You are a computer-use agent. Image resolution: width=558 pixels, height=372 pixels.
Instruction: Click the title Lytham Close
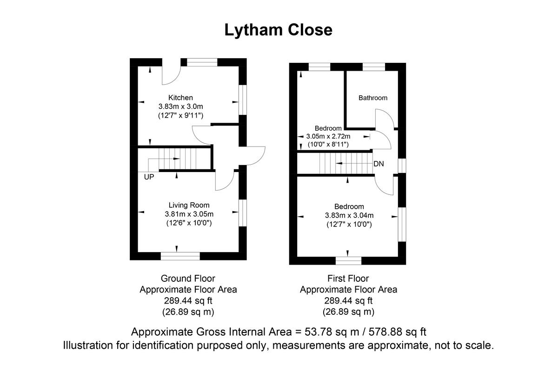(278, 30)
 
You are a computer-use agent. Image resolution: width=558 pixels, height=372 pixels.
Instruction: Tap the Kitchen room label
(180, 98)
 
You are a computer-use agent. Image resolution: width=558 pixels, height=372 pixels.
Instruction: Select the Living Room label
(189, 205)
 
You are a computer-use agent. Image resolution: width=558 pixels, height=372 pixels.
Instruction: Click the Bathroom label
(372, 98)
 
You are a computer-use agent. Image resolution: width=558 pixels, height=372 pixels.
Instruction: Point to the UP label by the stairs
(149, 177)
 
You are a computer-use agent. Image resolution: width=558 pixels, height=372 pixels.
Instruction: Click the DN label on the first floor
(379, 164)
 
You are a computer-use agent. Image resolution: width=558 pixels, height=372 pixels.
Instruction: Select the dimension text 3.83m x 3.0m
(180, 106)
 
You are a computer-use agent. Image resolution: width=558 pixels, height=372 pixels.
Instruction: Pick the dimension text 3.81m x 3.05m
(189, 214)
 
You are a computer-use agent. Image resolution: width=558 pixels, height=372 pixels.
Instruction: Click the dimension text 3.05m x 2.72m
(328, 137)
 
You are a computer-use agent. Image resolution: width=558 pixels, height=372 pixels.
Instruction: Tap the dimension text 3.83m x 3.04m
(349, 215)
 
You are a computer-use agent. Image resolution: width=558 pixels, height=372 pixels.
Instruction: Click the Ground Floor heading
(188, 279)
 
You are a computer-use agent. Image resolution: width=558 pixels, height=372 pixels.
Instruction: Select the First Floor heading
(348, 279)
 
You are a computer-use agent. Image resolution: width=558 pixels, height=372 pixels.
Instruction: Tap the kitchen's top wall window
(202, 62)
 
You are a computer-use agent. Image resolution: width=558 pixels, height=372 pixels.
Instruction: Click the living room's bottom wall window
(180, 256)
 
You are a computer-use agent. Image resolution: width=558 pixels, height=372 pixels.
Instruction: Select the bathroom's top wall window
(373, 66)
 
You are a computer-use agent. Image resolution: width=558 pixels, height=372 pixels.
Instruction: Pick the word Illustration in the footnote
(88, 345)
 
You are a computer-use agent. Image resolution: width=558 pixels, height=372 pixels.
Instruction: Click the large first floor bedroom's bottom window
(349, 260)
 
